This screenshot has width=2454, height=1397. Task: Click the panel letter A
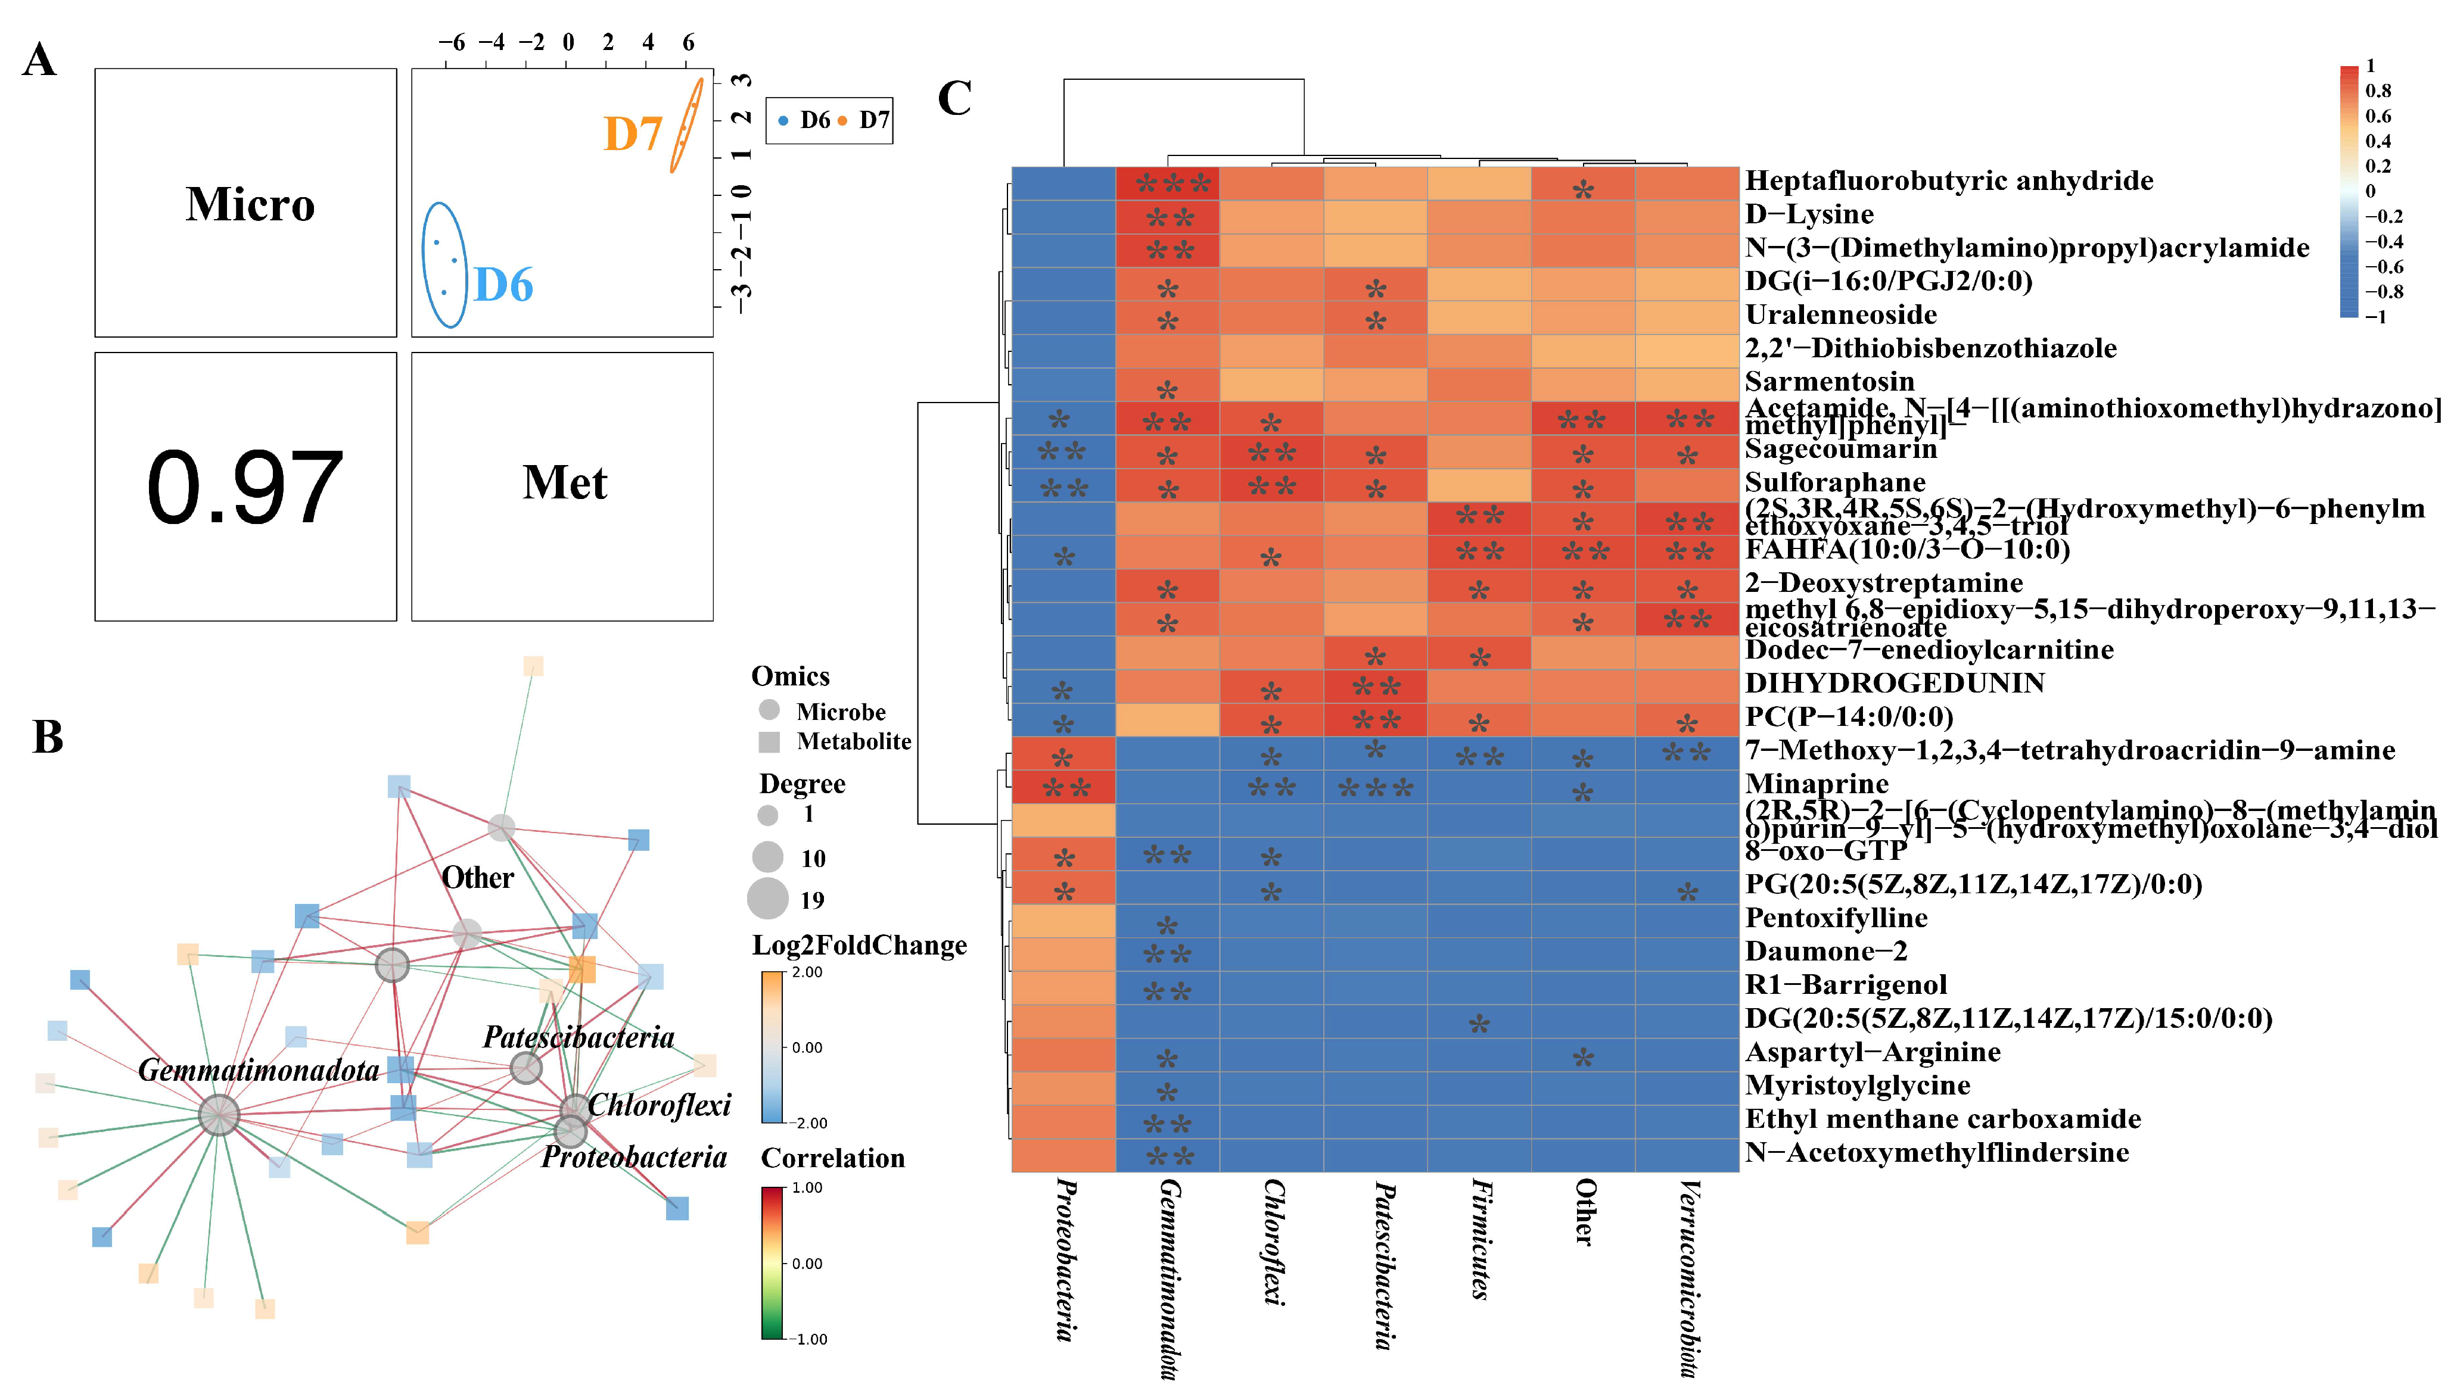tap(39, 61)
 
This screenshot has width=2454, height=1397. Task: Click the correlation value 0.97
tap(245, 488)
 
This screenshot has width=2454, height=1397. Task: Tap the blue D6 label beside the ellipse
tap(503, 285)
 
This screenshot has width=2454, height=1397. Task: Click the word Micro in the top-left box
tap(250, 204)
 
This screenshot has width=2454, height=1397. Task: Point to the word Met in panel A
tap(564, 482)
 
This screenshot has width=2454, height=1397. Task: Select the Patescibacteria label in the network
tap(578, 1037)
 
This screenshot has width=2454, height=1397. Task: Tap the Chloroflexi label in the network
tap(660, 1105)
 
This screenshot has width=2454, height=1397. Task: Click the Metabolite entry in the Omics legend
tap(853, 742)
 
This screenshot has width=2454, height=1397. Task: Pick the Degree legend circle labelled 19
tap(768, 899)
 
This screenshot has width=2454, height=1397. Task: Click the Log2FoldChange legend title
tap(859, 946)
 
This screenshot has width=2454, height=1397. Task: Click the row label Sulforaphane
tap(1834, 482)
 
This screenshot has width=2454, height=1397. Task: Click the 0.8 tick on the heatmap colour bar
tap(2378, 91)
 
